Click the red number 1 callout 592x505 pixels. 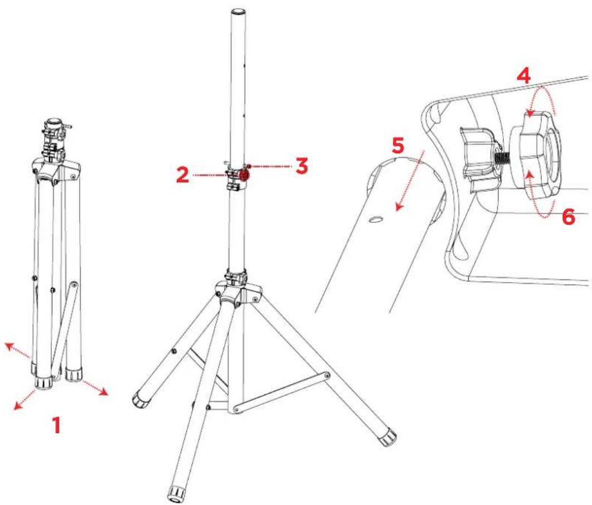coord(56,425)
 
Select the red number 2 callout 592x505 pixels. coord(183,175)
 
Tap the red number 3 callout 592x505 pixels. coord(301,166)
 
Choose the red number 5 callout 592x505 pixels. coord(397,146)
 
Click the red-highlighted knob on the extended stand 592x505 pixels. coord(244,175)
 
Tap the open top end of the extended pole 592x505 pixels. coord(238,12)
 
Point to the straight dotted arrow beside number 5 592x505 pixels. coord(410,180)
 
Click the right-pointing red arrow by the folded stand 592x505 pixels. coord(94,388)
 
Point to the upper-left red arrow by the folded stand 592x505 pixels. coord(17,350)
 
